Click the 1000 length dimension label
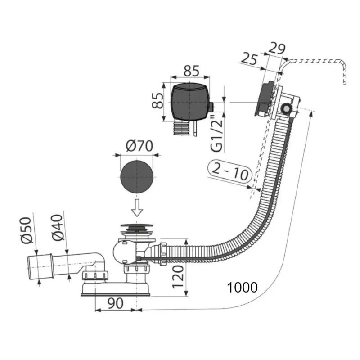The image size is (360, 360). point(242,287)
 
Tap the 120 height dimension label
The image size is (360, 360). point(178,277)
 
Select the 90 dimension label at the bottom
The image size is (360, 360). point(116,303)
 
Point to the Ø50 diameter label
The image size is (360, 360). point(26,230)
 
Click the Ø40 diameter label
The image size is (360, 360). point(58,228)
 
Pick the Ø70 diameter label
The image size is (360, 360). point(139,146)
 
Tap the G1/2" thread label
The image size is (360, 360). point(217,134)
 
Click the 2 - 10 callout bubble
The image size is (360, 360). point(230,171)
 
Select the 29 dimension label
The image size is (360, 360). point(277,48)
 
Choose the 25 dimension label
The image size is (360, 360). point(249,59)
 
